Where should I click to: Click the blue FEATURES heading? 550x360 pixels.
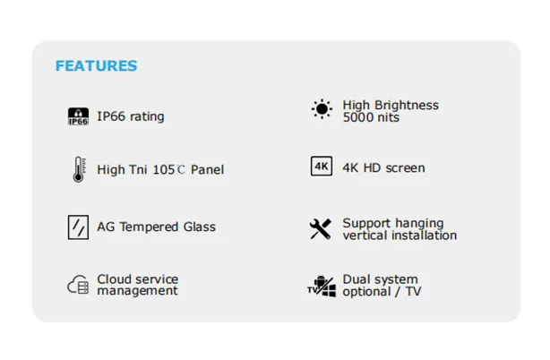[96, 66]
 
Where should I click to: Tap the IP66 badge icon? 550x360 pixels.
[78, 116]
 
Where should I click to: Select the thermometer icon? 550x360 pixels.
[79, 169]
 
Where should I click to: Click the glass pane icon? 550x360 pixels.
[78, 227]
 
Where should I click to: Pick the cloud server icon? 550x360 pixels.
[78, 285]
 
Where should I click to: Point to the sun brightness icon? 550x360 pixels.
[322, 109]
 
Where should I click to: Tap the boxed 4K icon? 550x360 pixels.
[322, 167]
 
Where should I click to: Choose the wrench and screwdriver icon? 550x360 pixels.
[321, 229]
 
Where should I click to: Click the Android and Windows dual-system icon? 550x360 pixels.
[322, 287]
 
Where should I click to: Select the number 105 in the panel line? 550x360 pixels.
[164, 170]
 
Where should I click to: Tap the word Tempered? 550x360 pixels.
[149, 227]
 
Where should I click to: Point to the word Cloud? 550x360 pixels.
[112, 279]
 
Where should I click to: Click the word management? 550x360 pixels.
[138, 291]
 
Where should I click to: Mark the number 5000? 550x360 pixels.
[357, 117]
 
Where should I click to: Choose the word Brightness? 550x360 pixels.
[407, 105]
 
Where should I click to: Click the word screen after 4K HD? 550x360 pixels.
[405, 168]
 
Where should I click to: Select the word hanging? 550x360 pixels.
[420, 224]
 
